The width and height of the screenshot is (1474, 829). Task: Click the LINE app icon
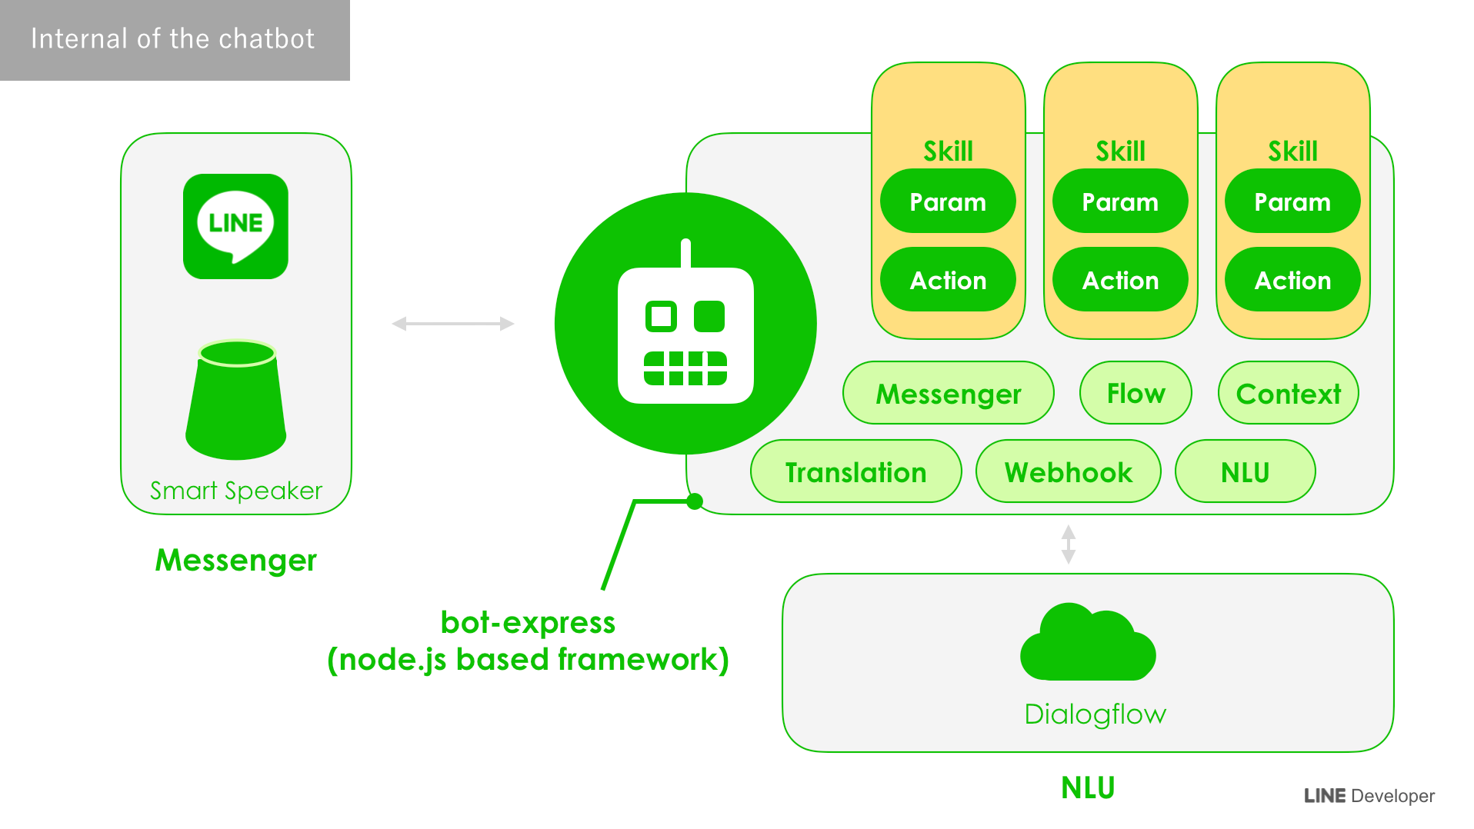(235, 226)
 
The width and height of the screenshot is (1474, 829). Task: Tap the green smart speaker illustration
(236, 400)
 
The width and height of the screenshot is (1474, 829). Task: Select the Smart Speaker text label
(236, 491)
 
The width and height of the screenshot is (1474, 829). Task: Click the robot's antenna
(685, 254)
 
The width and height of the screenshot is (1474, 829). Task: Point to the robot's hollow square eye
(661, 316)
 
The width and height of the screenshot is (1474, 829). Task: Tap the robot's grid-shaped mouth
(685, 368)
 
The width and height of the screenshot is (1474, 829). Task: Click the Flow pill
(1136, 393)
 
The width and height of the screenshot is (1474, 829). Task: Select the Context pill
(1289, 393)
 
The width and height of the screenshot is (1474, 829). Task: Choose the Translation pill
(855, 471)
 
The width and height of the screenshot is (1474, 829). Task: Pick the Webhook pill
(1068, 471)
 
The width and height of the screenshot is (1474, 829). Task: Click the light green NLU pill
(1245, 471)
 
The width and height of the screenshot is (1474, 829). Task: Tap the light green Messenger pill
(949, 393)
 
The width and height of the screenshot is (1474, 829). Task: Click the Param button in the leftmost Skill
(948, 201)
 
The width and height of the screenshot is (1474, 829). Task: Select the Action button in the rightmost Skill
(1292, 280)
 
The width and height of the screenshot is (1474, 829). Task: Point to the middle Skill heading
(1120, 151)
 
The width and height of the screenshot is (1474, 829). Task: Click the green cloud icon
(1088, 642)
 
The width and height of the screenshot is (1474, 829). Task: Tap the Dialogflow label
(1095, 714)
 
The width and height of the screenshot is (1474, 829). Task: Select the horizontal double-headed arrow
(452, 324)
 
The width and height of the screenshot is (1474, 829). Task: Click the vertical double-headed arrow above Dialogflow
(1069, 544)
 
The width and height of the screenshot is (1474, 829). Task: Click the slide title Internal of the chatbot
(173, 38)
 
